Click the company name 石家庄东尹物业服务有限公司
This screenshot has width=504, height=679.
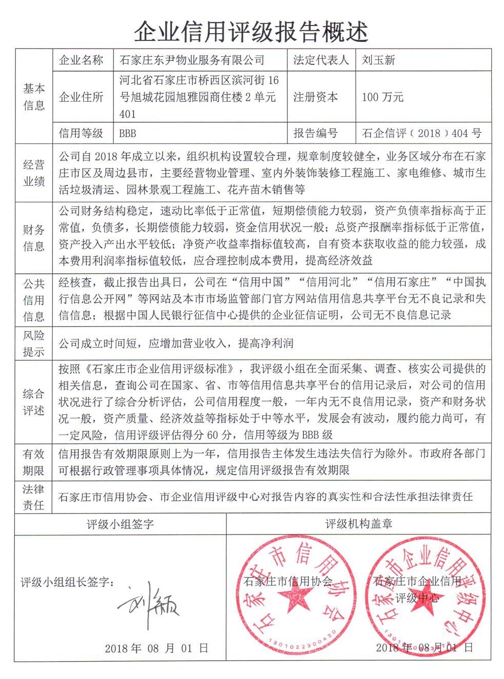(192, 60)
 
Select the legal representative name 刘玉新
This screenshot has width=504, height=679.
(379, 60)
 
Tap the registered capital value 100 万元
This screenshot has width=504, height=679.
(383, 97)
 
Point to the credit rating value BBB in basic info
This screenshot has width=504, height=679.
(128, 133)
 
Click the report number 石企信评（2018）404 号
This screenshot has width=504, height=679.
(422, 133)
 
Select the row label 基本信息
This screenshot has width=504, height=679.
(34, 97)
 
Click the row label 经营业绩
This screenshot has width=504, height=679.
(34, 173)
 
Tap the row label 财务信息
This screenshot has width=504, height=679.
(34, 238)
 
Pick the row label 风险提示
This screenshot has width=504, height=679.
(34, 343)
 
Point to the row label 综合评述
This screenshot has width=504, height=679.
(34, 402)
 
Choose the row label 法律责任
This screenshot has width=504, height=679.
(34, 497)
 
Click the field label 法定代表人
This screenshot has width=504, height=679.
(321, 60)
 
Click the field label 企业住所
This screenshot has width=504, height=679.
(81, 97)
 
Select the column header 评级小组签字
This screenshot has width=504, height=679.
(120, 524)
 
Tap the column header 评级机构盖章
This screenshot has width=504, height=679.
(359, 524)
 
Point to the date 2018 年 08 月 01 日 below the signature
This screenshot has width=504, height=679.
(157, 648)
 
